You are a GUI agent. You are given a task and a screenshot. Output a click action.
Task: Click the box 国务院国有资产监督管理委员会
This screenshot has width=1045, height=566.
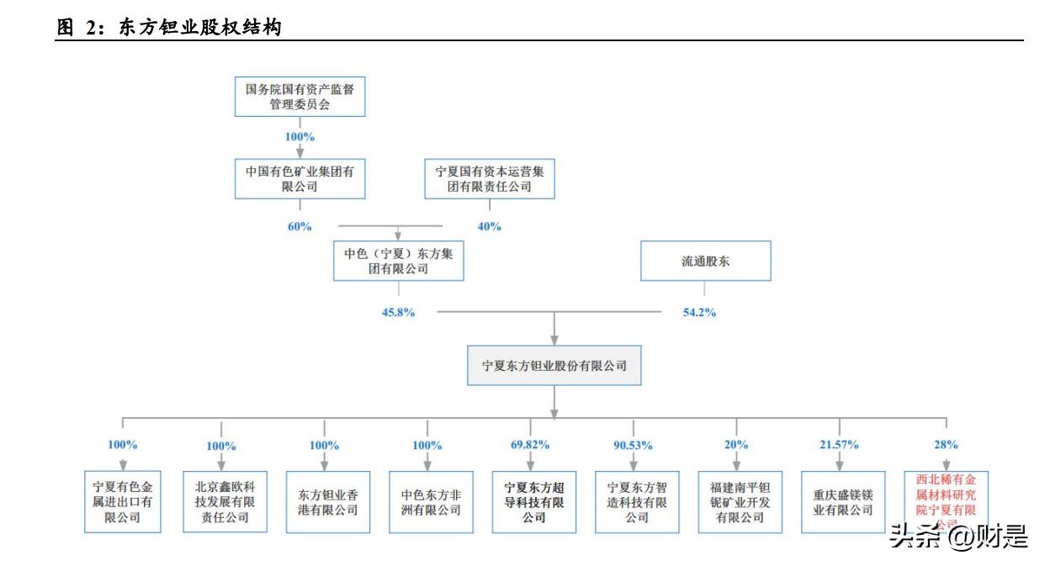point(300,96)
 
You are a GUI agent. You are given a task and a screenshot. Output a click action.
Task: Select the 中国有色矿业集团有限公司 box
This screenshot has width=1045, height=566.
point(300,178)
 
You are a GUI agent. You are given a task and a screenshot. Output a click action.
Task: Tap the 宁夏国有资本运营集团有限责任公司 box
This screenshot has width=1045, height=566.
point(489,178)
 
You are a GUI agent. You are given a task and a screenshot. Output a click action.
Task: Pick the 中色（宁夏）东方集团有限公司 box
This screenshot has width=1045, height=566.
point(398,262)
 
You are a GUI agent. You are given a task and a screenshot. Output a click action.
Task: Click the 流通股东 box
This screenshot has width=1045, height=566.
point(705,262)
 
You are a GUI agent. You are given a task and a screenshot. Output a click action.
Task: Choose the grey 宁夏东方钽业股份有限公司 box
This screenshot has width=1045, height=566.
point(554,366)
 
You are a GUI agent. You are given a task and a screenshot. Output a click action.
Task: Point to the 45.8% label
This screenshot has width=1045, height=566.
point(398,312)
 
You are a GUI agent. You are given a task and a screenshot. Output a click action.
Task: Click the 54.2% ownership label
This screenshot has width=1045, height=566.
point(699,312)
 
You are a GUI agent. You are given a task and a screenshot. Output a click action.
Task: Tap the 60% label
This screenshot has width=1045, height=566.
point(300,226)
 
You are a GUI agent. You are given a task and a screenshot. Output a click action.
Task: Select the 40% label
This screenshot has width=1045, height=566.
point(489,226)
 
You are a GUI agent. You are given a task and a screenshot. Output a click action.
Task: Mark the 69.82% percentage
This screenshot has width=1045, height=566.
point(530,445)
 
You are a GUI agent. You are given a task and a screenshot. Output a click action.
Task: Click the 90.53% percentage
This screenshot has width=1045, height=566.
point(634,445)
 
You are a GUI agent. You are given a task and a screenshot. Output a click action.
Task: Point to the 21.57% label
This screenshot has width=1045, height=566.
point(839,445)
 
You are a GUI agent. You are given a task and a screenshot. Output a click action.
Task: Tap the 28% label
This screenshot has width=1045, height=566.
point(945,445)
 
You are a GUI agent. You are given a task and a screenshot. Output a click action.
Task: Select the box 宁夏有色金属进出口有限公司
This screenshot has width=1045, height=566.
point(122,502)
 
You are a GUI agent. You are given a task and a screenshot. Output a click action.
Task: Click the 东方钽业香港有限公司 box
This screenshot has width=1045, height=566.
point(324,502)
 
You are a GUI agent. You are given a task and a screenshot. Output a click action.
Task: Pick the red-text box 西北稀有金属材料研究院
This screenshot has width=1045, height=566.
point(945,501)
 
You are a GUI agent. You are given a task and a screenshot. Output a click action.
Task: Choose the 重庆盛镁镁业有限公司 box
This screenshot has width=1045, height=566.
point(841,502)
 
